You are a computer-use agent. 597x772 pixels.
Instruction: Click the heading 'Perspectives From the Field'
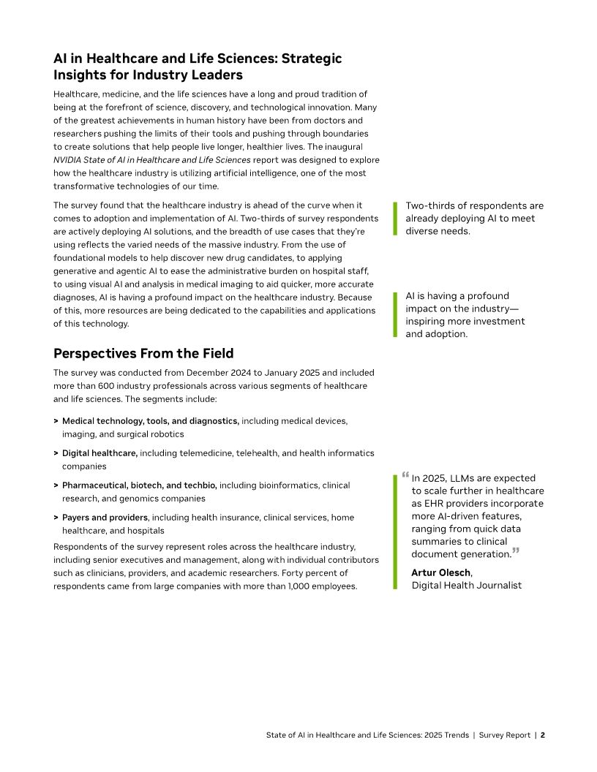point(143,354)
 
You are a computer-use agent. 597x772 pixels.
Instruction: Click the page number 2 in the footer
point(543,735)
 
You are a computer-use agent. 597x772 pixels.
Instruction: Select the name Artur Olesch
point(441,572)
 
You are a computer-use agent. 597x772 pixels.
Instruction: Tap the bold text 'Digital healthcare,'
point(99,453)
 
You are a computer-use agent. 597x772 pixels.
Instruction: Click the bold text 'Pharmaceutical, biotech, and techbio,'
point(139,485)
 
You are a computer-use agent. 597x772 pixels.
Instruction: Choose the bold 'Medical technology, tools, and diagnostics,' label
point(150,421)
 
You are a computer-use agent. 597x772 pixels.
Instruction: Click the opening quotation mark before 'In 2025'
point(405,475)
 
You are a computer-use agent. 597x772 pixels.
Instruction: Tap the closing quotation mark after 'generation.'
point(516,550)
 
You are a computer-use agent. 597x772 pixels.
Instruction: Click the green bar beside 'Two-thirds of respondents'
point(395,219)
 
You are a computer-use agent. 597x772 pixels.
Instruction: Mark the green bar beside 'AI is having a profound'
point(395,314)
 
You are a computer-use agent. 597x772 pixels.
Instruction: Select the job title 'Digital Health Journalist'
point(466,586)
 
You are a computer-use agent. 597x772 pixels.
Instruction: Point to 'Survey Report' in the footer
point(505,735)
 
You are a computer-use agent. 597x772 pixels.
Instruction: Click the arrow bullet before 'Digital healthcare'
point(56,453)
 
